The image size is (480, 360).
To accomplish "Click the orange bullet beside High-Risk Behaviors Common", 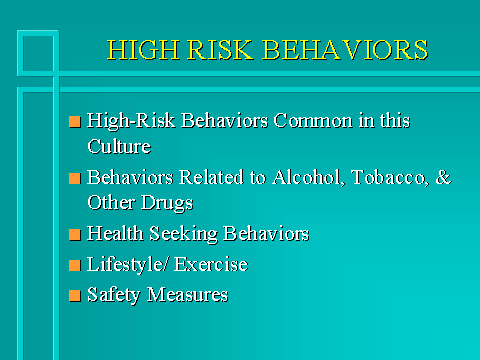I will [x=74, y=122].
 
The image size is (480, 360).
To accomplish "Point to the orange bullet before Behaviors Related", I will [x=74, y=180].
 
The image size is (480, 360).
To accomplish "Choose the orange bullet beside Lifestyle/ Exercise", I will [x=74, y=266].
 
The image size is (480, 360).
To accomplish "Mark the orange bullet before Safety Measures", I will [x=74, y=296].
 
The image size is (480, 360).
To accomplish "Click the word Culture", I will [x=116, y=145].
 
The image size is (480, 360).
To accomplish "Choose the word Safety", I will [x=113, y=295].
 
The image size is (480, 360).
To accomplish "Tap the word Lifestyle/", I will [x=125, y=265].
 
